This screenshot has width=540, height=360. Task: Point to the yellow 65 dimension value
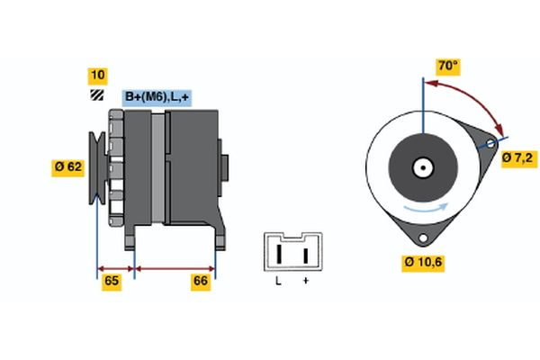point(112,282)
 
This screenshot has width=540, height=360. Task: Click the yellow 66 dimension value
point(202,282)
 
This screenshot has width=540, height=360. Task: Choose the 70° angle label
point(446,67)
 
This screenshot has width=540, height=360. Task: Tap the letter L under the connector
point(279,282)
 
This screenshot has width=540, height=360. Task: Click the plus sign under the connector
point(305,282)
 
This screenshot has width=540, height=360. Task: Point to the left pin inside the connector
point(279,255)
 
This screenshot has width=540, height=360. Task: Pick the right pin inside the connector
point(305,255)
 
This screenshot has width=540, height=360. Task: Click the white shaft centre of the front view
point(421,166)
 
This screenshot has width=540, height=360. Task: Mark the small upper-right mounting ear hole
point(490,144)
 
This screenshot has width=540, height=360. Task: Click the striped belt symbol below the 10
point(96,95)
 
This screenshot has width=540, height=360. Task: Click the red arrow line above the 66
point(175,268)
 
